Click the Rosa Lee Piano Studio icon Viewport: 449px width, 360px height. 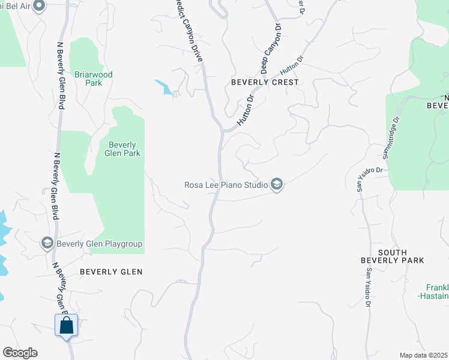(277, 184)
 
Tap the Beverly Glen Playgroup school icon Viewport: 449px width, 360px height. (47, 243)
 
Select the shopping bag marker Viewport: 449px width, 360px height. (66, 326)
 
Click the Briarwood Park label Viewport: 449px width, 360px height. (93, 79)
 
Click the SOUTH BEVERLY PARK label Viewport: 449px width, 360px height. (393, 256)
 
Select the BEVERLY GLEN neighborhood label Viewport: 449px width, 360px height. (111, 272)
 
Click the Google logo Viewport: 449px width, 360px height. (20, 353)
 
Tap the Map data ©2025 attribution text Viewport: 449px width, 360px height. (423, 355)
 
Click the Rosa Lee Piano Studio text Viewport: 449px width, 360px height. (225, 185)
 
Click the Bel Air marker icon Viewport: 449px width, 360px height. (40, 7)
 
